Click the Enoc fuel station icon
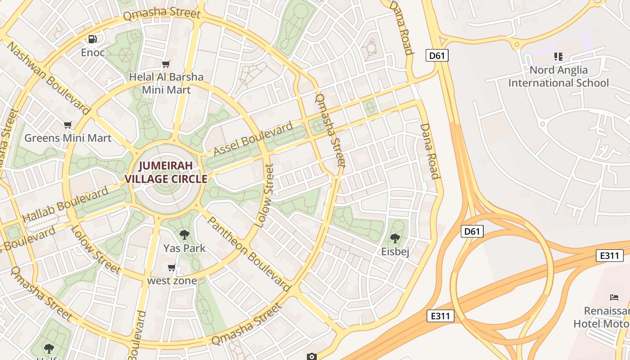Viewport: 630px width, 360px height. [93, 39]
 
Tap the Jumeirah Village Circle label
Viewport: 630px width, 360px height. [166, 172]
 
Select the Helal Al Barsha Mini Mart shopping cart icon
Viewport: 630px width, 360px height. [166, 64]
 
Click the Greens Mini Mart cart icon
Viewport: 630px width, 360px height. [68, 125]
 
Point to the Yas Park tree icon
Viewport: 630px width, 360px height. [184, 234]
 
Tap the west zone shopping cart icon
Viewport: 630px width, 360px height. [172, 268]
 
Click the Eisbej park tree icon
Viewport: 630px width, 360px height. [395, 238]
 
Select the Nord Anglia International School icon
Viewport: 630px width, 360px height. [558, 57]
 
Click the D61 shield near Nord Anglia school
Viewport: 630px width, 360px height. [436, 55]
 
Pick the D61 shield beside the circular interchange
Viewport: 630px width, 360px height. [472, 231]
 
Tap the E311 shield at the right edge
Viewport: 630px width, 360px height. [609, 256]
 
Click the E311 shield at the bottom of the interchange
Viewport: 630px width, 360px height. [440, 316]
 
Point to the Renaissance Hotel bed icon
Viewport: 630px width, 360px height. [614, 297]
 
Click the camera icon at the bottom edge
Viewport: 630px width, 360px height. [311, 356]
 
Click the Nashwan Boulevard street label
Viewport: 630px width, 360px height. [49, 77]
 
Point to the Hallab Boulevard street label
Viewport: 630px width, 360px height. [65, 204]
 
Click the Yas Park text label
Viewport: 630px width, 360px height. [184, 248]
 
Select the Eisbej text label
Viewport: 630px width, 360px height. [395, 252]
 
